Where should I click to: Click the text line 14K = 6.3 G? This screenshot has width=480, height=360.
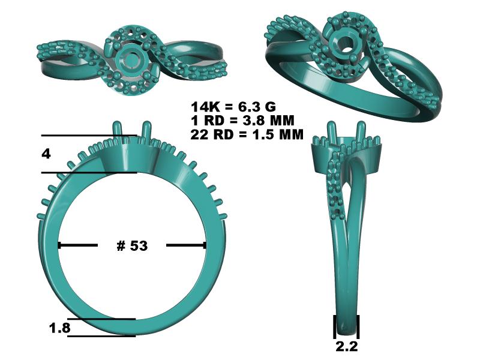tap(233, 107)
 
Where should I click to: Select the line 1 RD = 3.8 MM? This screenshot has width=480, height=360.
tap(242, 121)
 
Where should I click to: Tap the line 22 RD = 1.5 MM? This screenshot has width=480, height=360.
tap(247, 134)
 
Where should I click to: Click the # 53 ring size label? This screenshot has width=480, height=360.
tap(132, 245)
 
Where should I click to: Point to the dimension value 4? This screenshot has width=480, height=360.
tap(46, 154)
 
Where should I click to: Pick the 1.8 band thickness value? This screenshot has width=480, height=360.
tap(60, 328)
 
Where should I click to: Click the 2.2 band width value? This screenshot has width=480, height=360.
tap(347, 346)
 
